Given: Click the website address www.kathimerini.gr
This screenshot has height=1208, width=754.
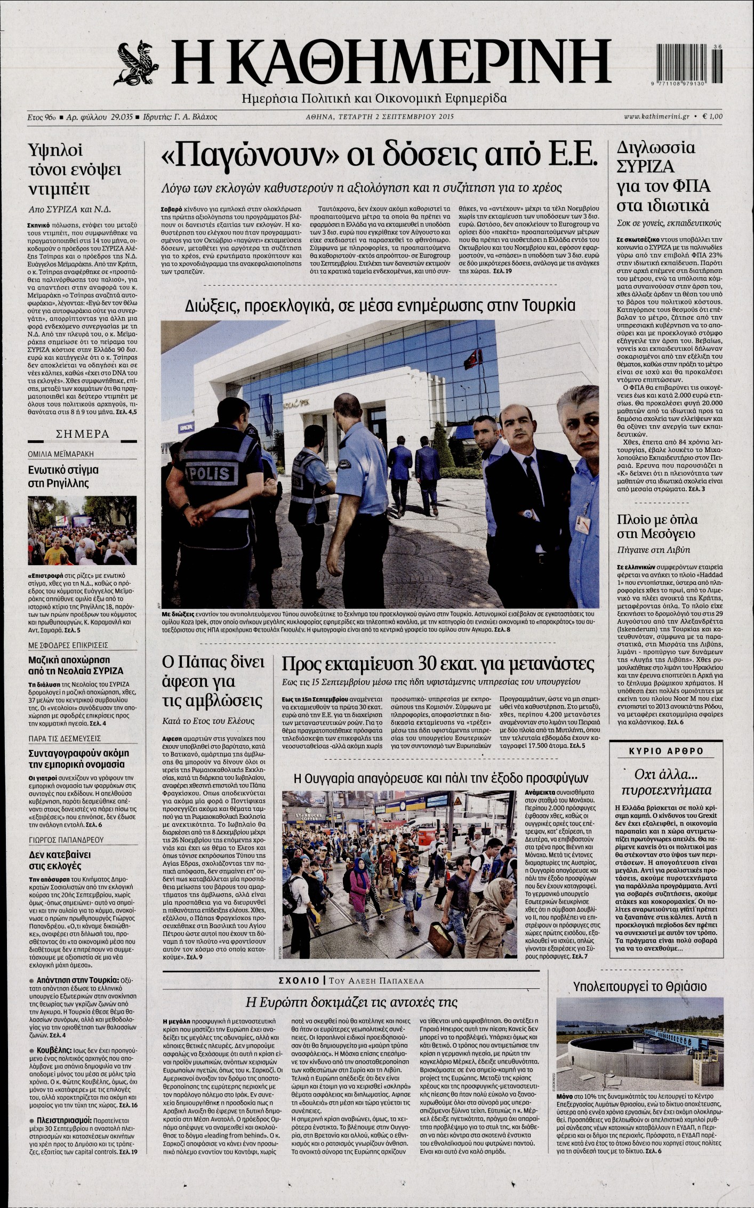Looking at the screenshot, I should point(656,116).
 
